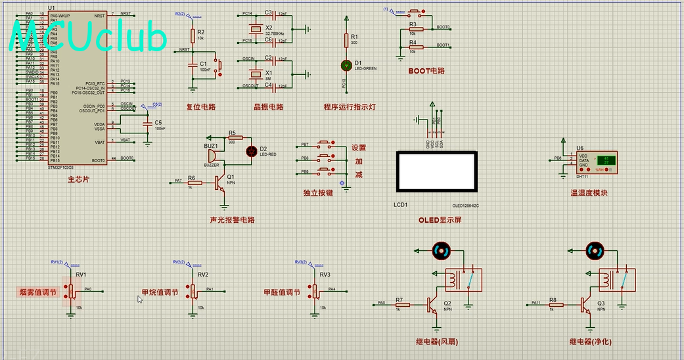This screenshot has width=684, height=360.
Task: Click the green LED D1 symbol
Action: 346,65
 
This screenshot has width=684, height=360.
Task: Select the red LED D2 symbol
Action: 250,151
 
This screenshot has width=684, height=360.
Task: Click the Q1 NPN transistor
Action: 221,184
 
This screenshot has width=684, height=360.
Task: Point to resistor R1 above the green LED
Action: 346,41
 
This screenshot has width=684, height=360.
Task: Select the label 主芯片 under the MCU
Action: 80,179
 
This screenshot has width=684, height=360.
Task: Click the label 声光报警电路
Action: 231,220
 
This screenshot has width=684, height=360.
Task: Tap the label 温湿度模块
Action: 589,193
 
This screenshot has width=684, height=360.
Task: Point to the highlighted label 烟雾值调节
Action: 37,292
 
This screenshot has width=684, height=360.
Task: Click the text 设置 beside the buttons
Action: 359,148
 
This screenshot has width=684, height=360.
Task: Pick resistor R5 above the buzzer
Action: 235,138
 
